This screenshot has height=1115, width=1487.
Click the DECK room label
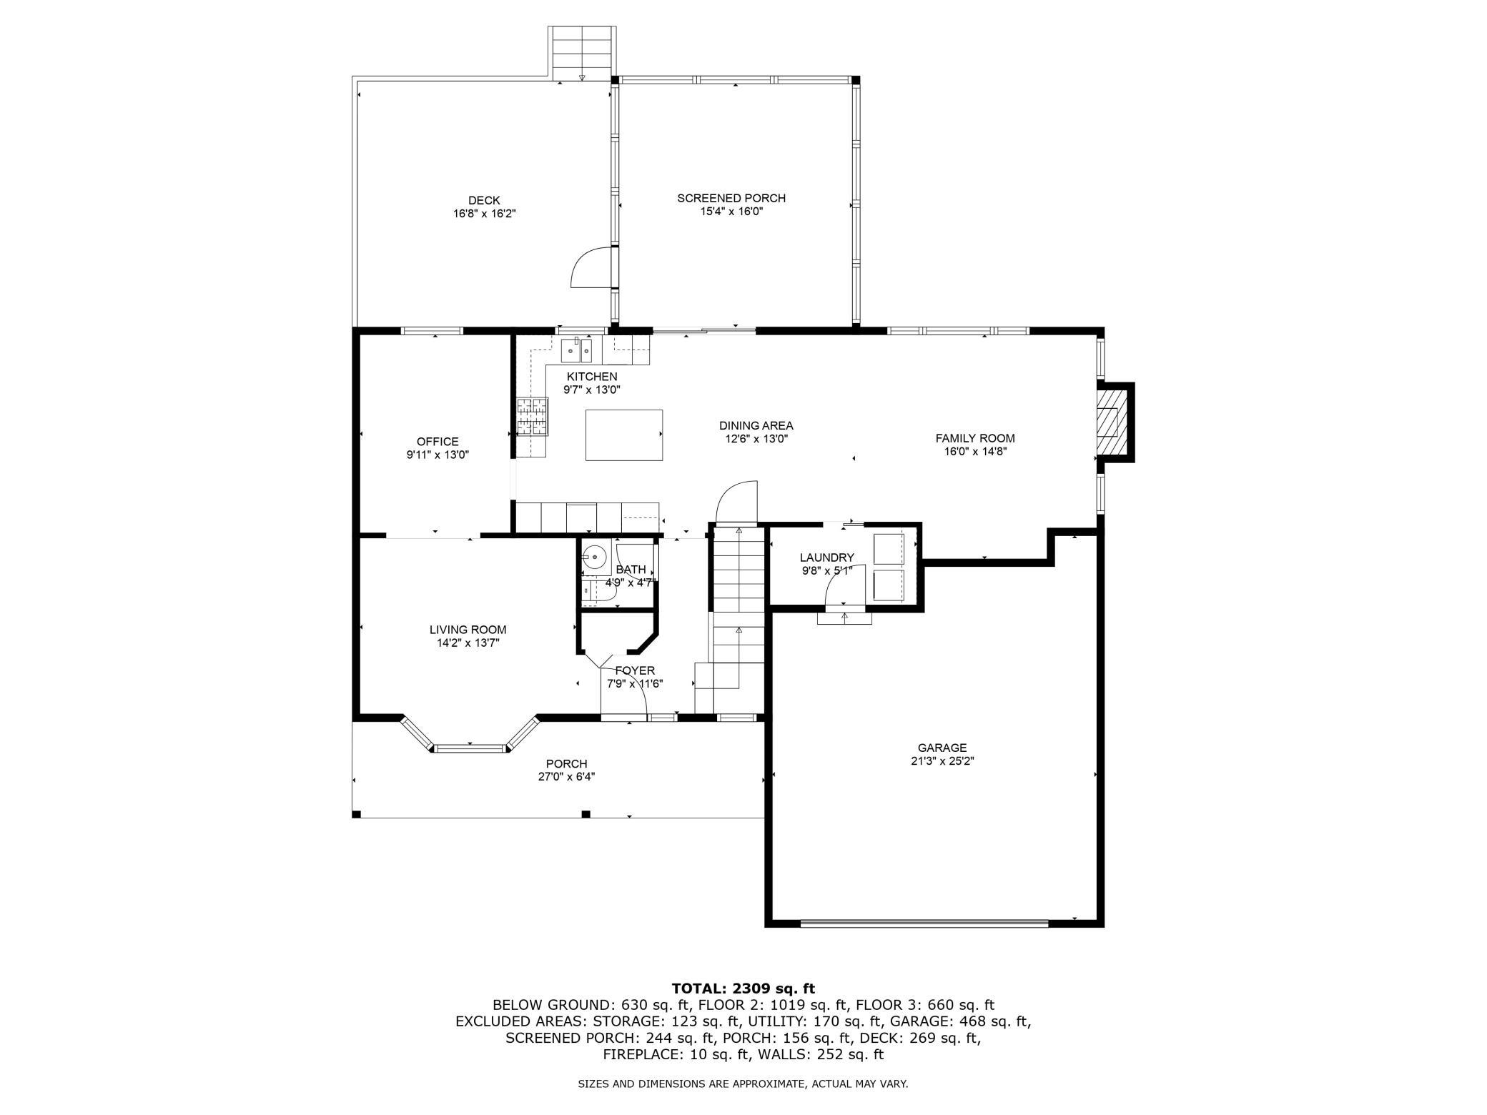click(484, 201)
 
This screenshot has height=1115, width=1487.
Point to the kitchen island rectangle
click(624, 435)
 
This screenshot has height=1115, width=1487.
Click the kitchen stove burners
click(533, 416)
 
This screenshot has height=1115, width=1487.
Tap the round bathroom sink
click(594, 556)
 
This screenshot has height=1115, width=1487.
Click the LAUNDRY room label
click(826, 557)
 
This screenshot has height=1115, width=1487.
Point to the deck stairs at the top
click(582, 51)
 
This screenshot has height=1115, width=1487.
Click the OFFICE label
click(438, 442)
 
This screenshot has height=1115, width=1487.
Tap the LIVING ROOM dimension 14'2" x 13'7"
click(468, 643)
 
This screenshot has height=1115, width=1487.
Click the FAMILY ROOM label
click(975, 438)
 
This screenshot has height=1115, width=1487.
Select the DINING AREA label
click(756, 426)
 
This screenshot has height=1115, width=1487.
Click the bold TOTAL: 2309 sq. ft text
click(743, 988)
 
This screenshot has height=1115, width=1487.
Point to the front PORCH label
click(566, 764)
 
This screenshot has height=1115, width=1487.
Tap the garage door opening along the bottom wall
click(924, 923)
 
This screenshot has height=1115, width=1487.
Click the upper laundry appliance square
click(889, 548)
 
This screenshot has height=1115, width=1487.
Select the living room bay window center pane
click(469, 748)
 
